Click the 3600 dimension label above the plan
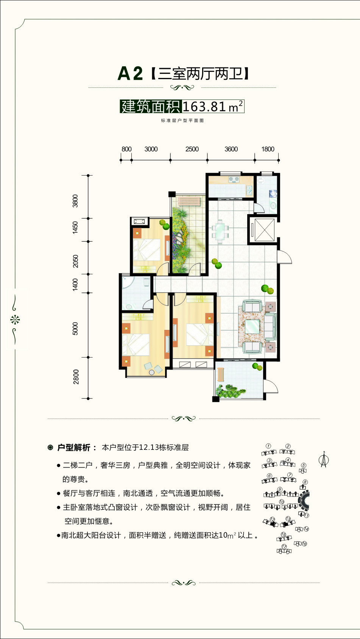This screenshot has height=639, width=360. pyautogui.click(x=231, y=149)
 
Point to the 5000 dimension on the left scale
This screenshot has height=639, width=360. pyautogui.click(x=75, y=328)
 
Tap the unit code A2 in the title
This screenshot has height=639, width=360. pyautogui.click(x=130, y=74)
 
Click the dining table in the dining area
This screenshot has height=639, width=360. pyautogui.click(x=220, y=231)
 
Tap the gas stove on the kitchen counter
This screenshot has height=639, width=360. pyautogui.click(x=234, y=179)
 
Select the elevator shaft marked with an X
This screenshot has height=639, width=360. pyautogui.click(x=264, y=230)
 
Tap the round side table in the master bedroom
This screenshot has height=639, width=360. pyautogui.click(x=151, y=373)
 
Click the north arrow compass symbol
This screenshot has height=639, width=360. pyautogui.click(x=324, y=459)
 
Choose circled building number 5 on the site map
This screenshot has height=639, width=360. pyautogui.click(x=304, y=465)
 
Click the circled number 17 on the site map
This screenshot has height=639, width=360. pyautogui.click(x=284, y=546)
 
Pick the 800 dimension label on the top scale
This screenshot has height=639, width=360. pyautogui.click(x=126, y=149)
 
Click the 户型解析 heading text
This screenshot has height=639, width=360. pyautogui.click(x=74, y=448)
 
